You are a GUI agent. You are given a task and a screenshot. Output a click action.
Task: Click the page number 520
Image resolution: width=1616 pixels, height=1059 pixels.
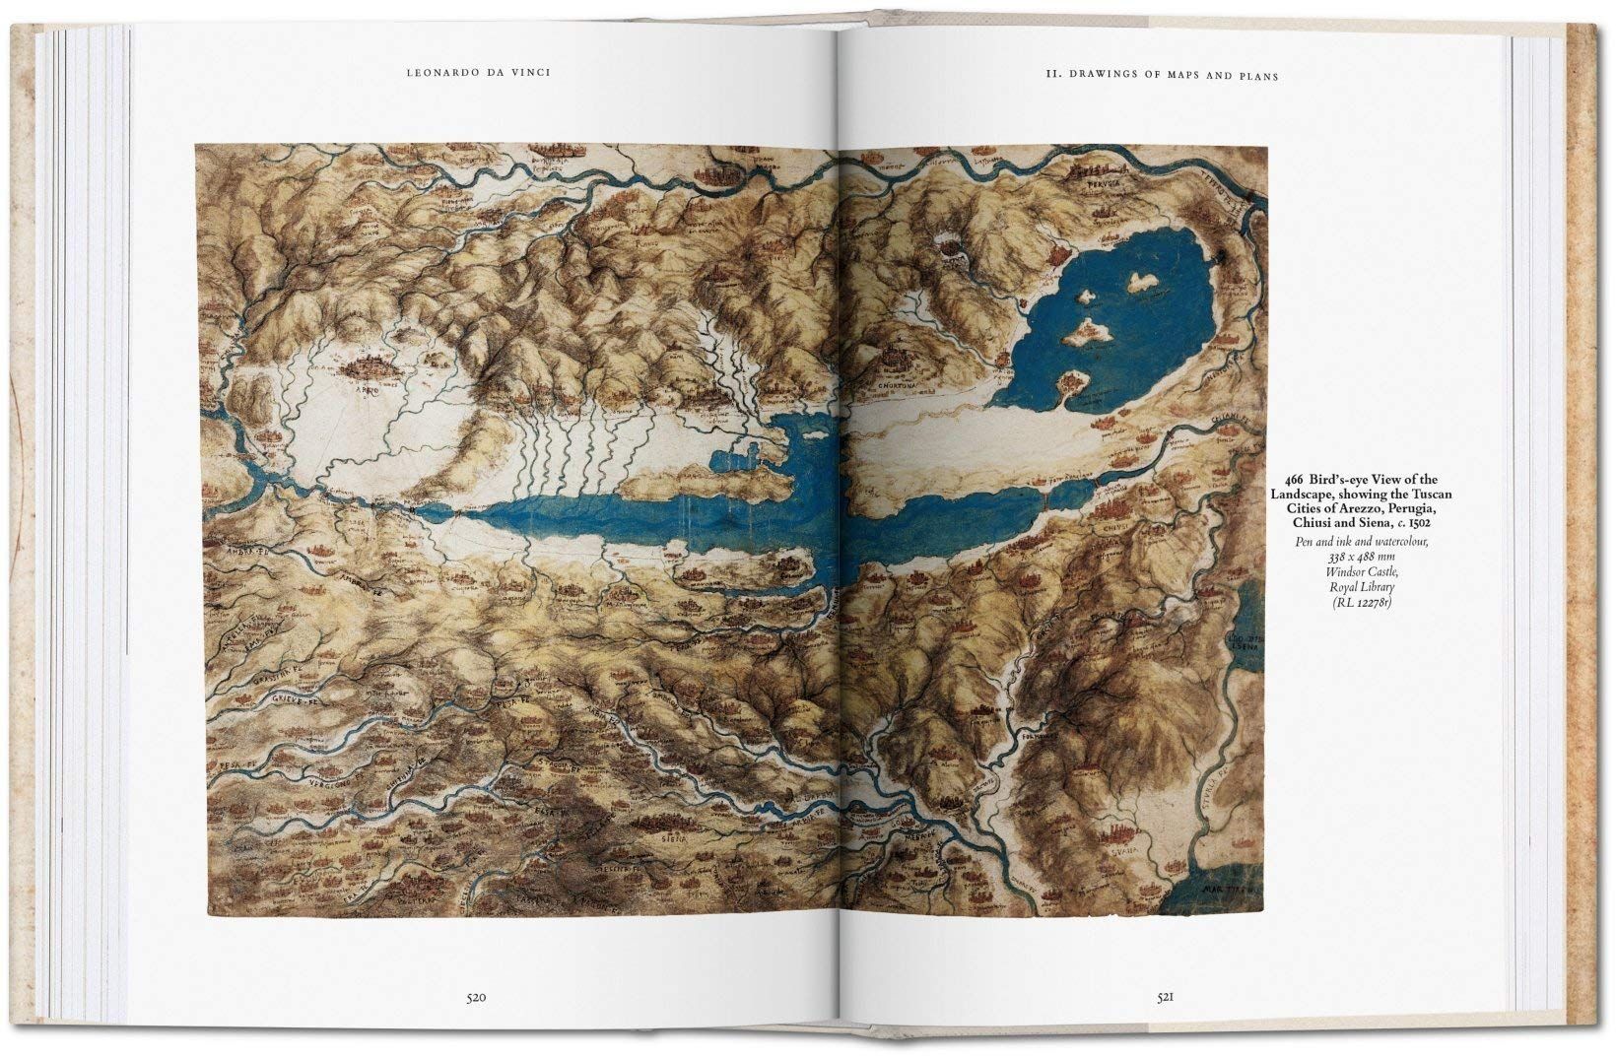[x=478, y=998]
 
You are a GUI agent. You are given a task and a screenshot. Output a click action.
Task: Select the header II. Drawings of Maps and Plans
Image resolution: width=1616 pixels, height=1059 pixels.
[x=1161, y=75]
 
